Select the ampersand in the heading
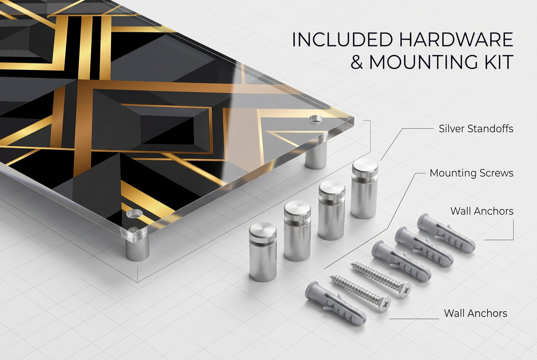(357, 62)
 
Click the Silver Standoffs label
(476, 129)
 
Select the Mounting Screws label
(471, 173)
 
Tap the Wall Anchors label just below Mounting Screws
(482, 211)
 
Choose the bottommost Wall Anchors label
(475, 313)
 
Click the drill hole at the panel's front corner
(134, 213)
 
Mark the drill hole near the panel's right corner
(316, 119)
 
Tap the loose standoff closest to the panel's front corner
(263, 252)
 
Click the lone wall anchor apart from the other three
(336, 303)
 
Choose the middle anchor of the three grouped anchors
(424, 247)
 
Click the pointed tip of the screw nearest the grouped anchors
(352, 264)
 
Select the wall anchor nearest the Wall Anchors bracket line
(446, 233)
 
